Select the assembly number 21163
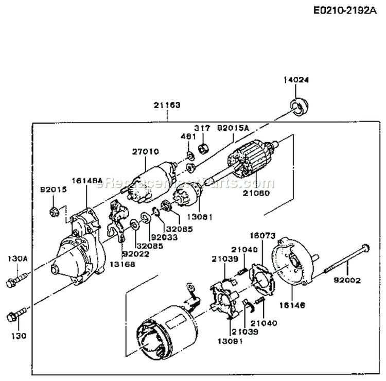(167, 105)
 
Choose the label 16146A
(85, 181)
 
